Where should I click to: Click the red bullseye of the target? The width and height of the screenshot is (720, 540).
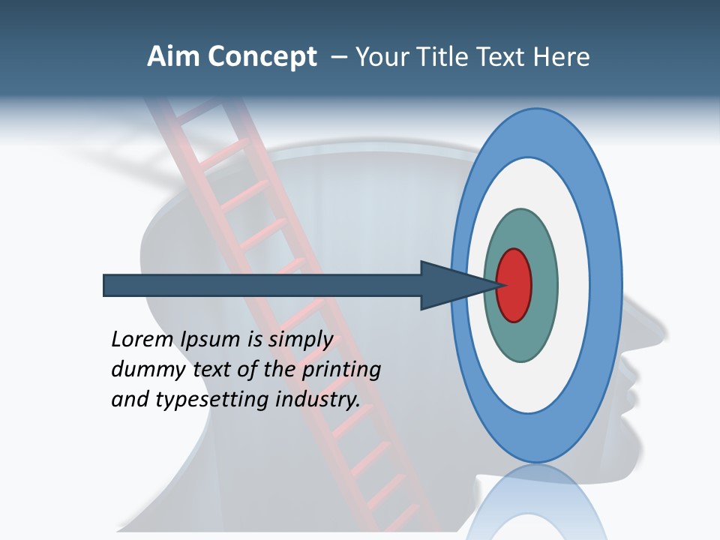click(x=514, y=285)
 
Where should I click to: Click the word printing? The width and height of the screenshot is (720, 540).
click(x=340, y=370)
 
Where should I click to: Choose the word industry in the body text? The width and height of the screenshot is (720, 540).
click(x=318, y=400)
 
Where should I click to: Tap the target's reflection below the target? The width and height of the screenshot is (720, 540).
click(x=535, y=502)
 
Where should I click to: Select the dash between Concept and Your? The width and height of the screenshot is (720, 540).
click(x=338, y=57)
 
